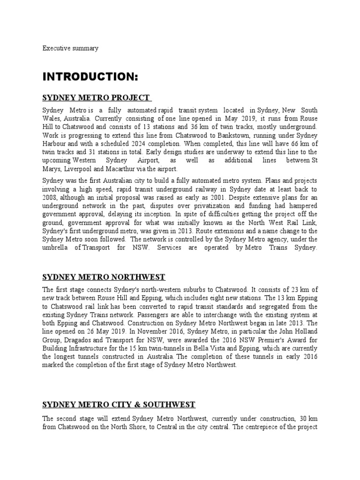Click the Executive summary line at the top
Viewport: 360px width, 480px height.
tap(70, 48)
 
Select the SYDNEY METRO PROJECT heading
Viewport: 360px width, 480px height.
tap(96, 97)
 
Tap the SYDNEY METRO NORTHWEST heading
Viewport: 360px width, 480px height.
tap(104, 277)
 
